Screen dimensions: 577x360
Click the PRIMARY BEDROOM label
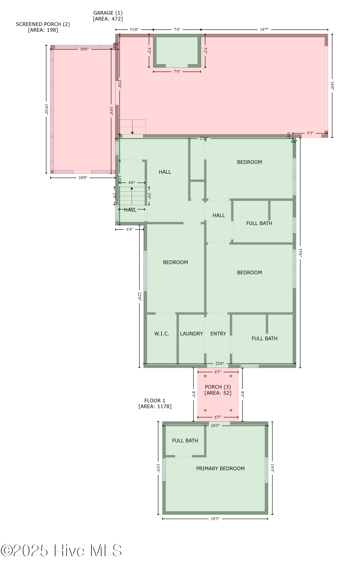coord(220,469)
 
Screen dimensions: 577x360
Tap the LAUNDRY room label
coord(191,334)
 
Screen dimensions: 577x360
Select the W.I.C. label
coord(162,334)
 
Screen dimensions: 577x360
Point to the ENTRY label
coord(218,334)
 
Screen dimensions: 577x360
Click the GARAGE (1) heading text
coord(108,13)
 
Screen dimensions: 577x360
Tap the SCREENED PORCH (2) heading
coord(43,24)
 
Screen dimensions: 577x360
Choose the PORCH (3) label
coord(218,387)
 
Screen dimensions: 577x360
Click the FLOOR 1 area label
coord(155,401)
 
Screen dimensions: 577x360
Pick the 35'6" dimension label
coord(300,253)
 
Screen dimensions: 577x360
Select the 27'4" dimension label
coord(204,138)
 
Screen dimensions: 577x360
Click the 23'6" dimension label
coord(220,364)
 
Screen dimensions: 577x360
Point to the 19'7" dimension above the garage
coord(264,29)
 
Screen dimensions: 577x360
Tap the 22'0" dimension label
coord(139,296)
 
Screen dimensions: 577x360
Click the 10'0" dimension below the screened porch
coord(83,178)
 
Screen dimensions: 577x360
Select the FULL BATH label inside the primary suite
coord(185,441)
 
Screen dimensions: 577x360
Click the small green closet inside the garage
coord(177,51)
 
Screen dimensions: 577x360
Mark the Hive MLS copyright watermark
coord(61,550)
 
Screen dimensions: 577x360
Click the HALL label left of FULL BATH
coord(219,216)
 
